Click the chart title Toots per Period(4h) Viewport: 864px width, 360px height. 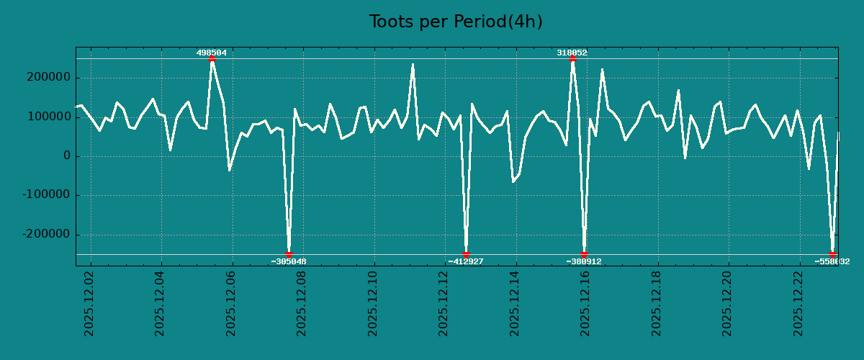pos(456,22)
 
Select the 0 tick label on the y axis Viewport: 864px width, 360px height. pos(67,156)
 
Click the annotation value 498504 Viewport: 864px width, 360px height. pos(212,53)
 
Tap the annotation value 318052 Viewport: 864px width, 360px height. pos(572,53)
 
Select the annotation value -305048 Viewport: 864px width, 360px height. pos(289,262)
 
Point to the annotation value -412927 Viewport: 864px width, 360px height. pos(466,262)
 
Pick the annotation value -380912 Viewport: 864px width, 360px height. pos(584,262)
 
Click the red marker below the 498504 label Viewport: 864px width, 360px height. pos(212,59)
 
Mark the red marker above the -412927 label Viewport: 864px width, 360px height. pos(466,254)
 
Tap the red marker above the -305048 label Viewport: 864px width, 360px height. pos(289,254)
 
